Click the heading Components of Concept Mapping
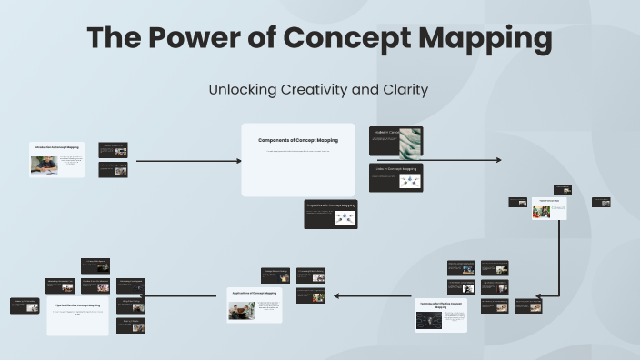coord(297,140)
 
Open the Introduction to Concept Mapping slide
coord(56,159)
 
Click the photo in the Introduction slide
coord(43,165)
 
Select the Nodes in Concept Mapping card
coord(395,142)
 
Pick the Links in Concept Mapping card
coord(395,178)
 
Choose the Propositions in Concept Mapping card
coord(330,214)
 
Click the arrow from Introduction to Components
coord(188,161)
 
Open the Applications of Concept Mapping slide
coord(255,305)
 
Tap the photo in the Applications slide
coord(241,311)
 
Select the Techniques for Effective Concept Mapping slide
coord(440,315)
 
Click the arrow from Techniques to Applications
coord(373,295)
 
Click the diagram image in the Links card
coord(409,181)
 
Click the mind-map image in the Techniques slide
coord(428,321)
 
